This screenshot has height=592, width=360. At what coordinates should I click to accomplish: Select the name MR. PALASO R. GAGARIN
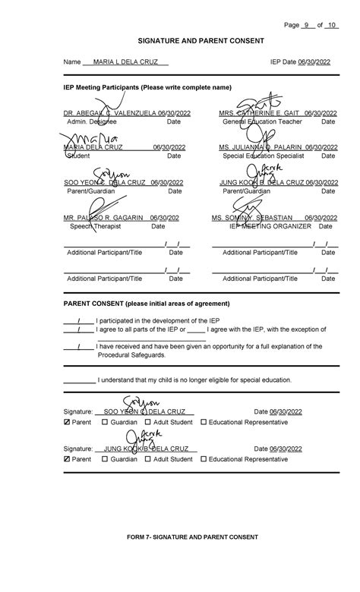[x=103, y=218]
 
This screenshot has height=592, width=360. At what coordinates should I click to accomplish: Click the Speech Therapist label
[x=92, y=226]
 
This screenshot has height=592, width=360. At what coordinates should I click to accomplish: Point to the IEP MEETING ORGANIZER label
[x=271, y=226]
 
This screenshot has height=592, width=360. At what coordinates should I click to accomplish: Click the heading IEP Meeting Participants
[x=147, y=88]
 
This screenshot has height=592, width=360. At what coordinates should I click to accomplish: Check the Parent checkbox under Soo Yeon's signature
[x=67, y=422]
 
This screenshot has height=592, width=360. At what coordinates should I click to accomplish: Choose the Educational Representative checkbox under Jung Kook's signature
[x=204, y=459]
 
